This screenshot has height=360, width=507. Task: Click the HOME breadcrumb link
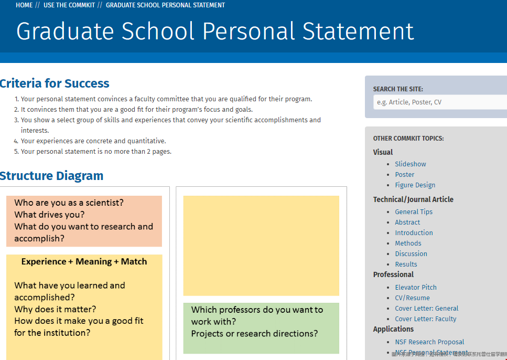pyautogui.click(x=24, y=5)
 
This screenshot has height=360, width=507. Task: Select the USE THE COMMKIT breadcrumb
pyautogui.click(x=69, y=5)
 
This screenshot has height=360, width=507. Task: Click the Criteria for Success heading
pyautogui.click(x=55, y=83)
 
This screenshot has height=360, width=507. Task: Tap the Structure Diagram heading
pyautogui.click(x=52, y=176)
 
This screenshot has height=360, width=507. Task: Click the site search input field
pyautogui.click(x=440, y=102)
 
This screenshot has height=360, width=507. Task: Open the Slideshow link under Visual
pyautogui.click(x=411, y=164)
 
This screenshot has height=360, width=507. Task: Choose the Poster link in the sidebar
pyautogui.click(x=404, y=175)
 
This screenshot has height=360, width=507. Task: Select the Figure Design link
pyautogui.click(x=415, y=185)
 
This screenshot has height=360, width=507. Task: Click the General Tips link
pyautogui.click(x=414, y=212)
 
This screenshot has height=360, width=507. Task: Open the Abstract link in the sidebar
pyautogui.click(x=407, y=223)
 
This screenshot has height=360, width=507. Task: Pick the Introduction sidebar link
pyautogui.click(x=414, y=233)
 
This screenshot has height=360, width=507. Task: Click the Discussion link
pyautogui.click(x=411, y=254)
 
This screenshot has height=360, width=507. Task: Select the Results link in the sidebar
pyautogui.click(x=406, y=264)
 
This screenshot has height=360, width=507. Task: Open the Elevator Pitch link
pyautogui.click(x=416, y=288)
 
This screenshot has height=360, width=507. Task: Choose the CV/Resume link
pyautogui.click(x=412, y=298)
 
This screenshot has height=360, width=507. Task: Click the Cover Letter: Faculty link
pyautogui.click(x=426, y=319)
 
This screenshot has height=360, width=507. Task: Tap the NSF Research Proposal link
pyautogui.click(x=429, y=342)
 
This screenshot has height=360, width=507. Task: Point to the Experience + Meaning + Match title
pyautogui.click(x=84, y=261)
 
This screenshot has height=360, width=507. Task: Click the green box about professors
pyautogui.click(x=261, y=328)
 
